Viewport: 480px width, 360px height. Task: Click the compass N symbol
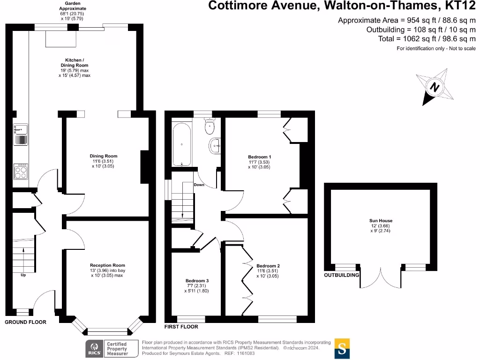[x=435, y=87]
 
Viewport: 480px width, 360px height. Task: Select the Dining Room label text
[x=104, y=156]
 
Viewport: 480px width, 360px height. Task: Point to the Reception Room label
[x=107, y=265]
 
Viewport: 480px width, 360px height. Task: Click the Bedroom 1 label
[x=260, y=157]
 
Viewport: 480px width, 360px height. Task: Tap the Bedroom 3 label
[x=197, y=281]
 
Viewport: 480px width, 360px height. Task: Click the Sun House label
[x=381, y=221]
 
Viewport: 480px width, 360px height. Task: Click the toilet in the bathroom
[x=210, y=126]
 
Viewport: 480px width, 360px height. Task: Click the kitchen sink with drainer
[x=21, y=134]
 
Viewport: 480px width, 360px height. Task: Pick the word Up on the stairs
[x=23, y=275]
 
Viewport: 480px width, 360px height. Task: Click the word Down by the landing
[x=199, y=185]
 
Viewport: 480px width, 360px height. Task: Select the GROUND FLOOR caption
[x=26, y=322]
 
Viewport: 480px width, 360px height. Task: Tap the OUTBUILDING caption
[x=342, y=275]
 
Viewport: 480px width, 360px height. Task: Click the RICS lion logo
[x=93, y=348]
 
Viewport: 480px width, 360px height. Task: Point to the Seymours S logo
[x=342, y=348]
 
